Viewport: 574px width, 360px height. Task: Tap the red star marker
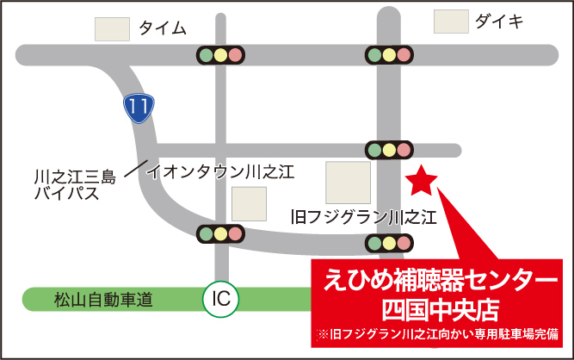[422, 181]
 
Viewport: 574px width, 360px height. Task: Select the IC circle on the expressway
[220, 299]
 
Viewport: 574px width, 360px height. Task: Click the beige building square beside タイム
[112, 28]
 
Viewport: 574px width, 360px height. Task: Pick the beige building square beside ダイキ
[451, 22]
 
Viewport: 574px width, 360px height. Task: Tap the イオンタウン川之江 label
[221, 171]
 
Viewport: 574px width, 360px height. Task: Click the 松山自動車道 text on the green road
[102, 300]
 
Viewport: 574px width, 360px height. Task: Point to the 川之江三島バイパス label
[74, 185]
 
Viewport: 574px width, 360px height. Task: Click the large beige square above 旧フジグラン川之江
[348, 182]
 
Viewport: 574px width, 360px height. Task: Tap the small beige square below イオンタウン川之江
[249, 204]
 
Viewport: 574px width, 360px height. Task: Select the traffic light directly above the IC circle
[220, 233]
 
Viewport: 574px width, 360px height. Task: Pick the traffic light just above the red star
[389, 149]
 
